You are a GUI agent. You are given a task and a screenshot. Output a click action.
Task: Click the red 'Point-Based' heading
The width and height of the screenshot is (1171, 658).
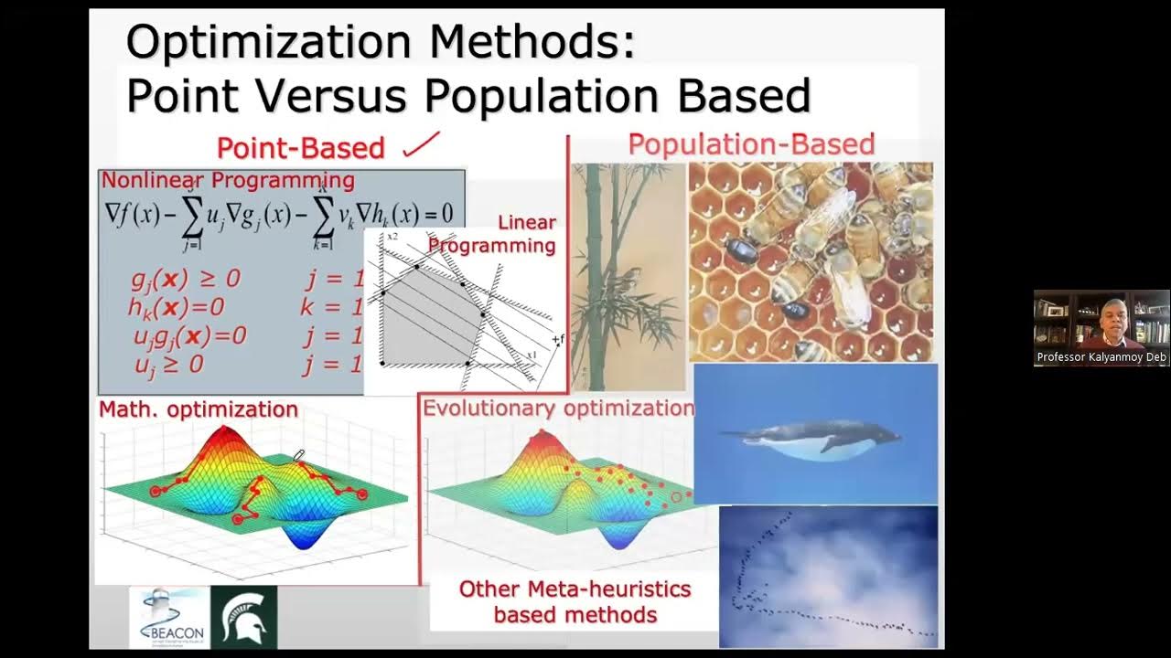pyautogui.click(x=300, y=147)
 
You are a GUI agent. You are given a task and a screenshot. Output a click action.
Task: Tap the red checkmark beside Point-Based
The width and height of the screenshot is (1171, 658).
pyautogui.click(x=422, y=143)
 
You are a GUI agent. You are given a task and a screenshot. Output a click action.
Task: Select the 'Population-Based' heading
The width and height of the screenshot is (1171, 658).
pyautogui.click(x=751, y=144)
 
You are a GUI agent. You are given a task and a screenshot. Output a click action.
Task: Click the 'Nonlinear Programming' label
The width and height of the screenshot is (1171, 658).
pyautogui.click(x=228, y=180)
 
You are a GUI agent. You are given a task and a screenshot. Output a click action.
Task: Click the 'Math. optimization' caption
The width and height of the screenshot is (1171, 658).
pyautogui.click(x=199, y=409)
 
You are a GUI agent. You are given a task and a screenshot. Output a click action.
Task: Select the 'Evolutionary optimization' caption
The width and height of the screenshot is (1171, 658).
pyautogui.click(x=558, y=408)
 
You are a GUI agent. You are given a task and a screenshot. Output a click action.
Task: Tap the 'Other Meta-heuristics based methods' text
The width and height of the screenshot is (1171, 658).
pyautogui.click(x=575, y=601)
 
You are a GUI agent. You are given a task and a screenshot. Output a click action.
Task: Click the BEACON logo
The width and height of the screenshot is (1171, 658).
pyautogui.click(x=169, y=618)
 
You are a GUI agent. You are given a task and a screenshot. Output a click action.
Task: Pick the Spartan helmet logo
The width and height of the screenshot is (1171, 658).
pyautogui.click(x=243, y=618)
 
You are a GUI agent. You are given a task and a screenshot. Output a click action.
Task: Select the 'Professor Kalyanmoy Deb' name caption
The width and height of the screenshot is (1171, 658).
pyautogui.click(x=1101, y=357)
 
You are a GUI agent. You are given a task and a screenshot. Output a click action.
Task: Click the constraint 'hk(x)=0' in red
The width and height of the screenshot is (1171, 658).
pyautogui.click(x=176, y=307)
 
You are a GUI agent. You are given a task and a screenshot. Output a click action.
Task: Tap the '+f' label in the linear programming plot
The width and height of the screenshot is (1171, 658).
pyautogui.click(x=557, y=340)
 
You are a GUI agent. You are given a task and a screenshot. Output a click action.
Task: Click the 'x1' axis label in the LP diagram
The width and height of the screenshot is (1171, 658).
pyautogui.click(x=531, y=355)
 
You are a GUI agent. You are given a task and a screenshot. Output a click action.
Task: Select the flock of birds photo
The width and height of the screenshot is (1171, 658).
pyautogui.click(x=828, y=576)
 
